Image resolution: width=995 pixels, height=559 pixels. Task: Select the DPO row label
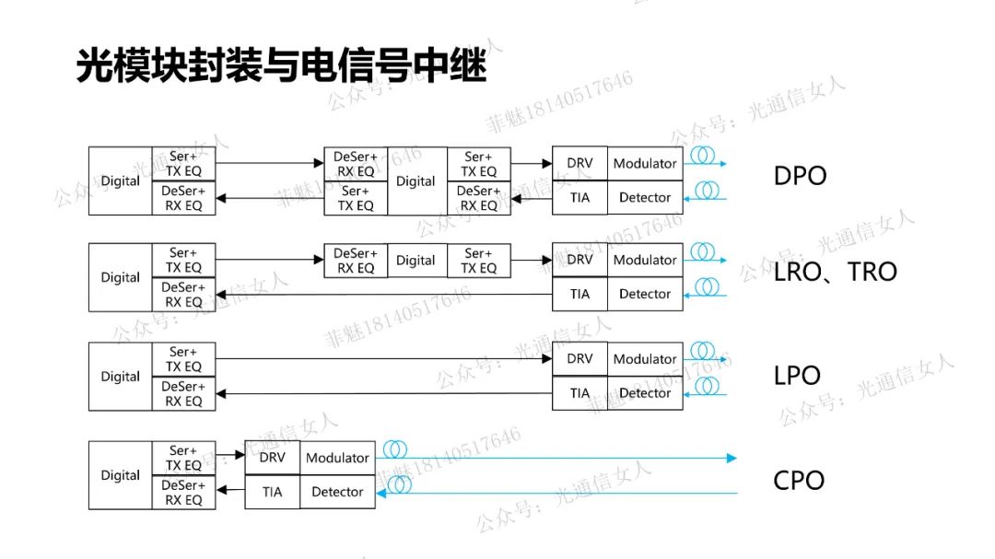click(x=800, y=176)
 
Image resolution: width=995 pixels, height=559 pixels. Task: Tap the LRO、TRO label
click(x=836, y=272)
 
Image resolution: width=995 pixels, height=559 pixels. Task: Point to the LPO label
click(x=797, y=376)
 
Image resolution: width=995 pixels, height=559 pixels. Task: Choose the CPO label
click(x=799, y=480)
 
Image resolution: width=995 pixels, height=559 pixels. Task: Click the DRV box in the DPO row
click(x=579, y=163)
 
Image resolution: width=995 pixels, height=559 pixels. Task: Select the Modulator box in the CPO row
click(x=337, y=458)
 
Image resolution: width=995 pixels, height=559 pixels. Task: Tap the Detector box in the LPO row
click(x=645, y=393)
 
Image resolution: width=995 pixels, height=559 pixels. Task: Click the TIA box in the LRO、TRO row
click(x=579, y=294)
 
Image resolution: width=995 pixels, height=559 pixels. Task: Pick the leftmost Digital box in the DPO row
click(x=121, y=181)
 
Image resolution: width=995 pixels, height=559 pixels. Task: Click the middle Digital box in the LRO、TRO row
click(x=416, y=261)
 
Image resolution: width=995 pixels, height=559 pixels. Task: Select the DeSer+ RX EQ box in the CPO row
click(x=183, y=493)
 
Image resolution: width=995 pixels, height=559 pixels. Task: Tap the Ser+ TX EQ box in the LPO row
click(x=183, y=359)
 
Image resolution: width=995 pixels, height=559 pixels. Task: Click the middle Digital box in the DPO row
click(x=416, y=181)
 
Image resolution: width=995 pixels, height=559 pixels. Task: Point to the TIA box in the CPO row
click(x=272, y=492)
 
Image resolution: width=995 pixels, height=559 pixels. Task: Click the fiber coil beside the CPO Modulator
click(x=395, y=449)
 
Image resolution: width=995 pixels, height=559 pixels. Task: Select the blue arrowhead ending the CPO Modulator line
click(x=732, y=458)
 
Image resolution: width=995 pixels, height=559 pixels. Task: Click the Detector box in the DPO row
click(x=645, y=197)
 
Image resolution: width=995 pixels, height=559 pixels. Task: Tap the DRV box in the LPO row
click(x=579, y=359)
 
